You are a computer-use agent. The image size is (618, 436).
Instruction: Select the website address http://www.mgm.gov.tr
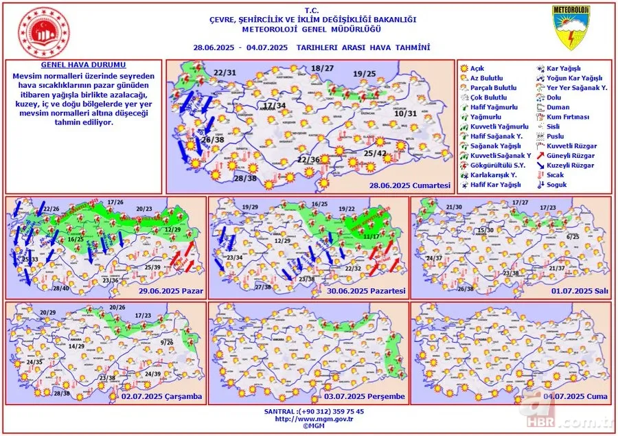pyautogui.click(x=308, y=418)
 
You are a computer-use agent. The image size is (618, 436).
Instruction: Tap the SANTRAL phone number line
pyautogui.click(x=308, y=411)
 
